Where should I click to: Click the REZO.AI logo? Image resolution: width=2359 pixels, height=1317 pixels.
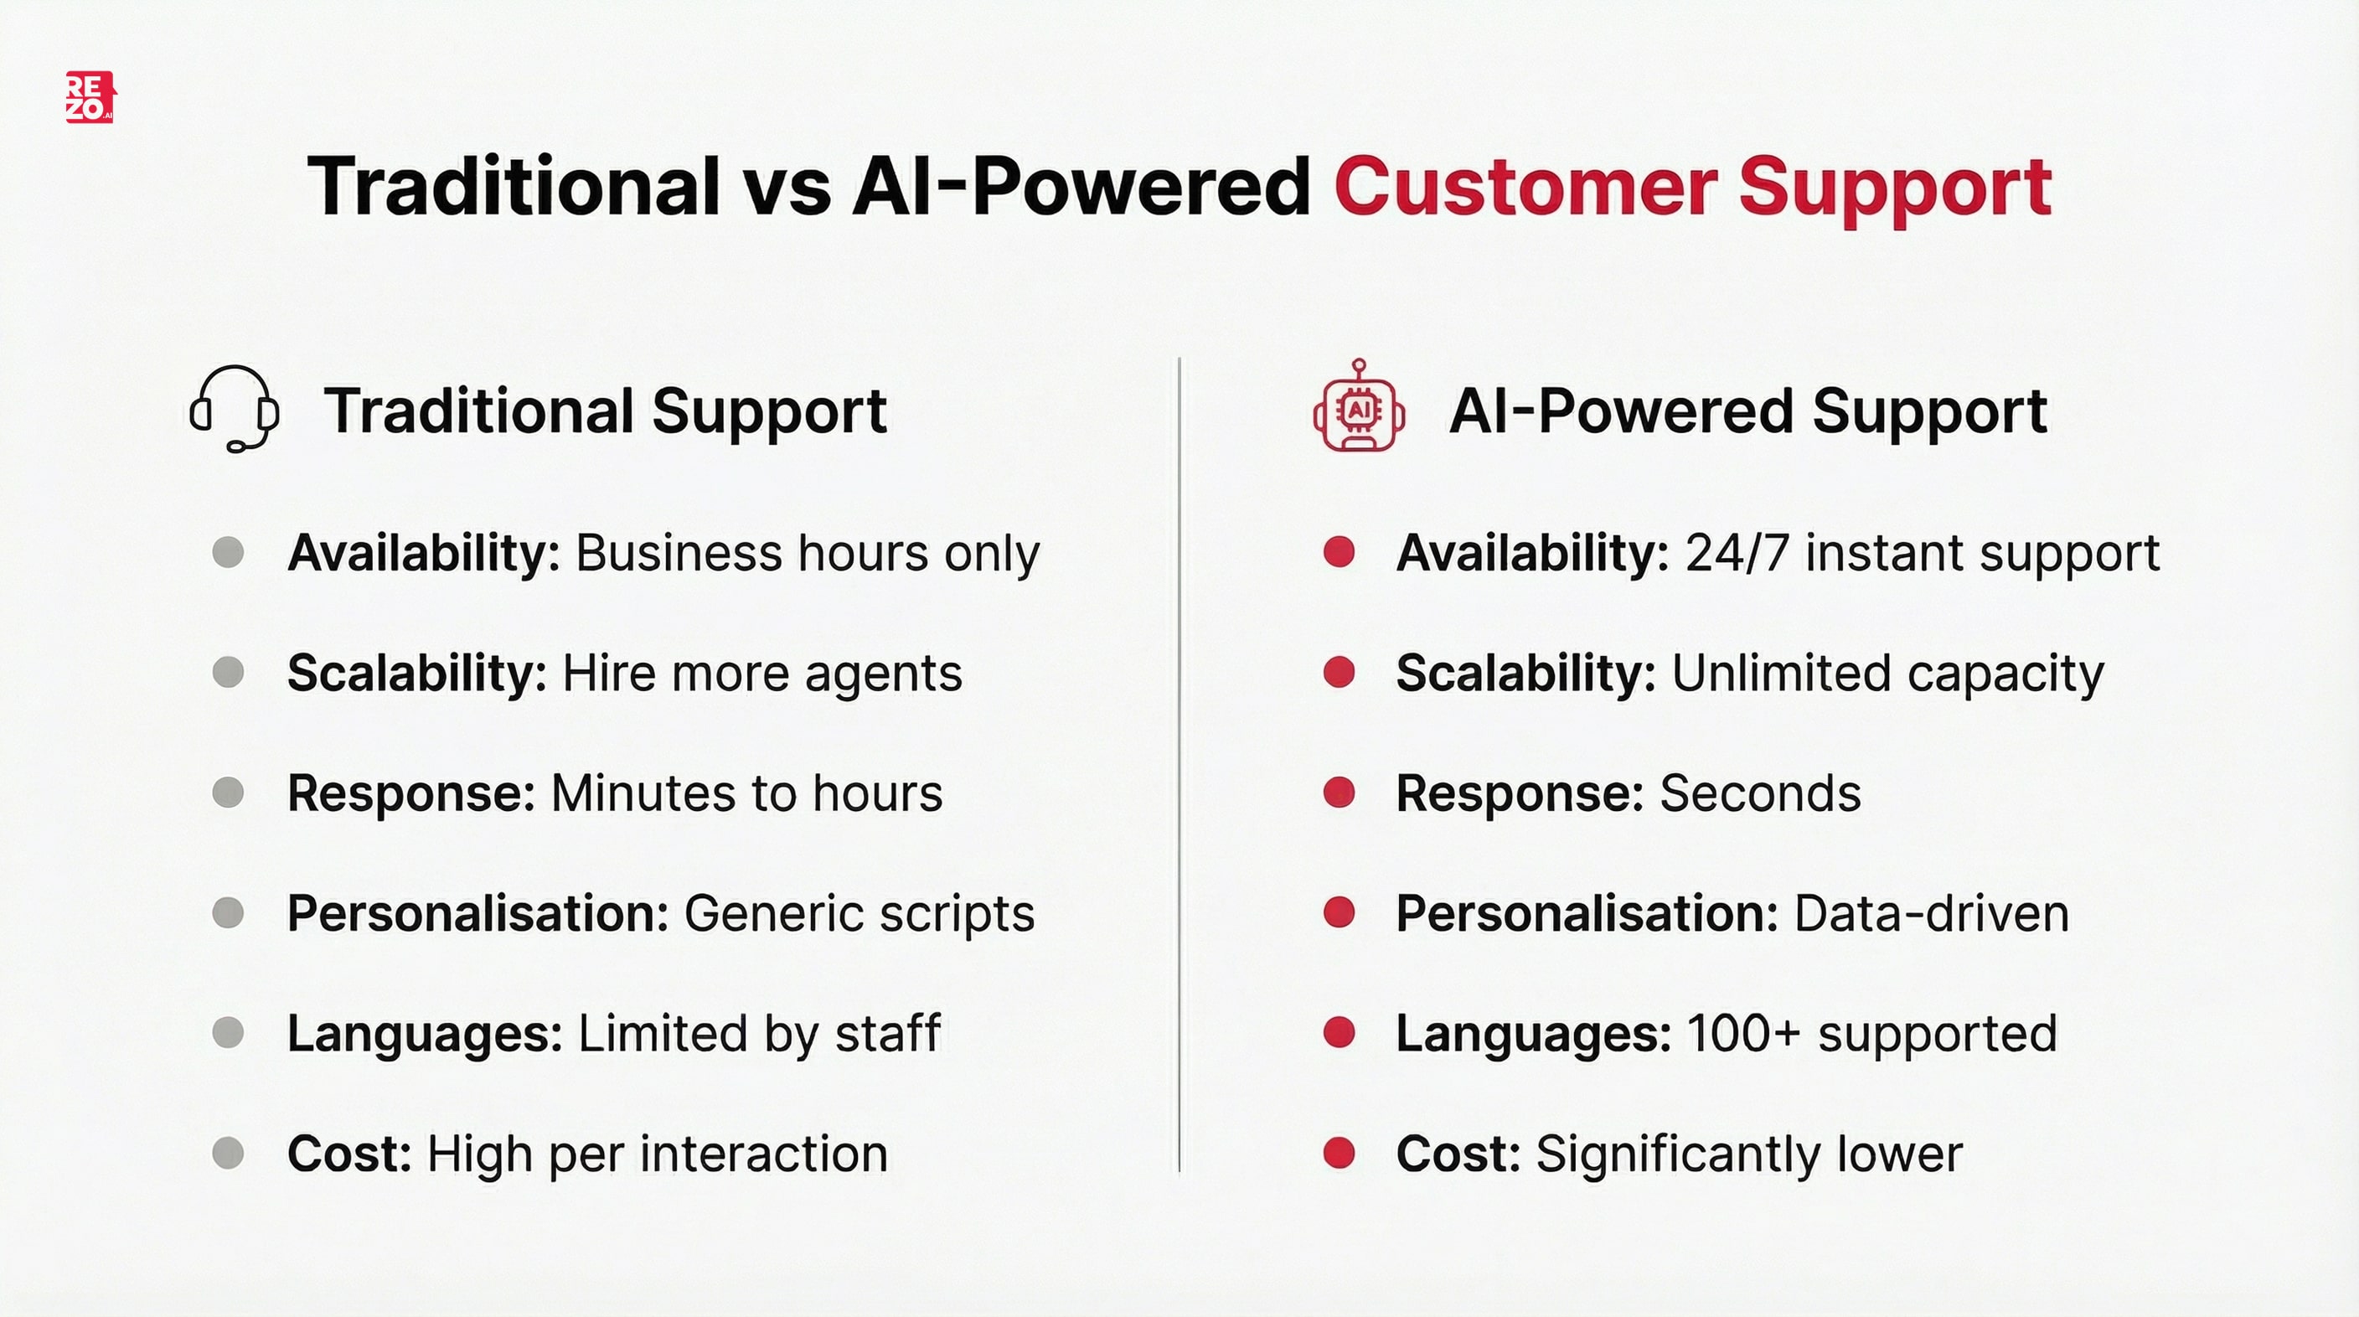[x=90, y=97]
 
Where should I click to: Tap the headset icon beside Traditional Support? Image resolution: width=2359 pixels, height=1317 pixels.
[x=235, y=409]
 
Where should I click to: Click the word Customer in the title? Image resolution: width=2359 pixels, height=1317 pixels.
[x=1525, y=187]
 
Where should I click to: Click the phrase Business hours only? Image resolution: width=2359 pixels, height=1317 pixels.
[x=807, y=553]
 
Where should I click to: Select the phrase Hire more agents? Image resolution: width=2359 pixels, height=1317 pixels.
[x=762, y=673]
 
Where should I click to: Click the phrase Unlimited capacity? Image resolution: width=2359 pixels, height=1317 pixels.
[x=1887, y=673]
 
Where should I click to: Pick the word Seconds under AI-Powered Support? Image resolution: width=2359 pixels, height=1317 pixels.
[x=1760, y=793]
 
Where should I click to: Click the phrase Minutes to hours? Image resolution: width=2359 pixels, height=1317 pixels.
[x=746, y=793]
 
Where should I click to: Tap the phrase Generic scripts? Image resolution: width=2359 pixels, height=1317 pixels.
[x=859, y=914]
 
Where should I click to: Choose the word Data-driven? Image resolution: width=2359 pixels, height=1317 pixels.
[x=1931, y=914]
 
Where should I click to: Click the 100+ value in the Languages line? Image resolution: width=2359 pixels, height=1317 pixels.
[x=1743, y=1034]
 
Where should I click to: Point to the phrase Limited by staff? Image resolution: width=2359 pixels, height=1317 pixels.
[x=759, y=1034]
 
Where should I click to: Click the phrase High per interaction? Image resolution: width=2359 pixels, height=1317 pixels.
[x=658, y=1154]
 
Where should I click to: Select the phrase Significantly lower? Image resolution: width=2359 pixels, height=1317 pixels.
[x=1749, y=1154]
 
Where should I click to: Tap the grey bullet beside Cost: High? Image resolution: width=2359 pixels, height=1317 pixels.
[x=228, y=1153]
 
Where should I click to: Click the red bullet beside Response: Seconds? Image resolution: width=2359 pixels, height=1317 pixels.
[x=1339, y=793]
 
